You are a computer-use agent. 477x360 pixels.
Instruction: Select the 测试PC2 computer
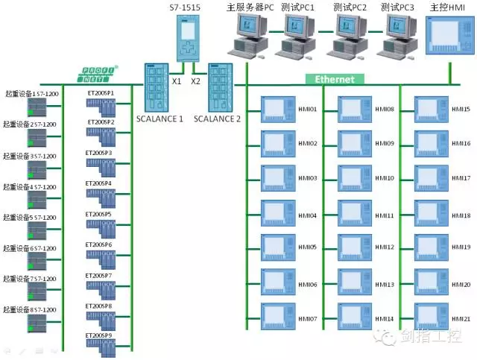[x=348, y=37]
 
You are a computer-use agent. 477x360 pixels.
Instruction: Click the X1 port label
[x=177, y=81]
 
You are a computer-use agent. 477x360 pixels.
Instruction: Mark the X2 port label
[x=196, y=81]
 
